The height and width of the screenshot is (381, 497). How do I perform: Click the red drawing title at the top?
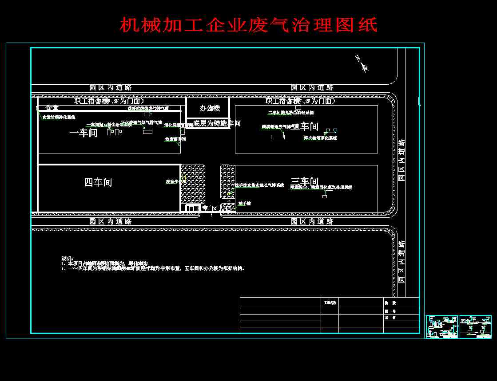pos(249,25)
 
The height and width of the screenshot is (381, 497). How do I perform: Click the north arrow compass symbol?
pos(362,64)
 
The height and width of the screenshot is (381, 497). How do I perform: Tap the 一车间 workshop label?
pos(84,133)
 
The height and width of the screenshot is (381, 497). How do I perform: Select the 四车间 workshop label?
pos(98,182)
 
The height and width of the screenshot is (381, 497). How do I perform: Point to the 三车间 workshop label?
pos(305,181)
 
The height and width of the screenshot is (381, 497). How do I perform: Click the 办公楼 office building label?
pos(210,108)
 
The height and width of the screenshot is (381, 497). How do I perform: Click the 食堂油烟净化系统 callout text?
pos(59,117)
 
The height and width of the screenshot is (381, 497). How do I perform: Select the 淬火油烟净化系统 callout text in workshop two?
pos(320,138)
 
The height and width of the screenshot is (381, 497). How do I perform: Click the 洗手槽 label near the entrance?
pos(245,203)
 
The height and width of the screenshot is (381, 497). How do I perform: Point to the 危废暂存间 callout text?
pos(175,139)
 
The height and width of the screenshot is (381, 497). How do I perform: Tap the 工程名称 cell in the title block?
pos(330,302)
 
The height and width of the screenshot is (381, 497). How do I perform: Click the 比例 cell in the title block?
pos(390,318)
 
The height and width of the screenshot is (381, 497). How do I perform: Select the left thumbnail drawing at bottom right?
pos(442,326)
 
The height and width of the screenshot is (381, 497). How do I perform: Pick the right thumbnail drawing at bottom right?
pos(475,326)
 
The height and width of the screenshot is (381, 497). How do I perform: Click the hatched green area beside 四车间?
pos(193,184)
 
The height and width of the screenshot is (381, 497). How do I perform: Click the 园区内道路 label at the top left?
pos(111,87)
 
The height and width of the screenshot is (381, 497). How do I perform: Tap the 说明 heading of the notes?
pos(66,258)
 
